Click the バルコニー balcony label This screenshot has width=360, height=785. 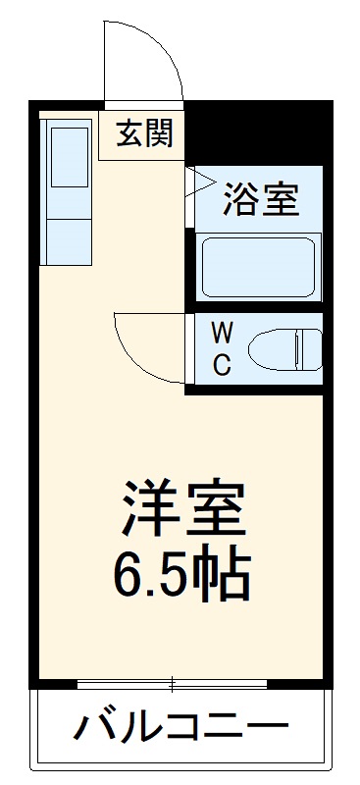click(182, 729)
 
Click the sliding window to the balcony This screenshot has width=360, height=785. click(174, 682)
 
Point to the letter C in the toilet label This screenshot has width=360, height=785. click(223, 365)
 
